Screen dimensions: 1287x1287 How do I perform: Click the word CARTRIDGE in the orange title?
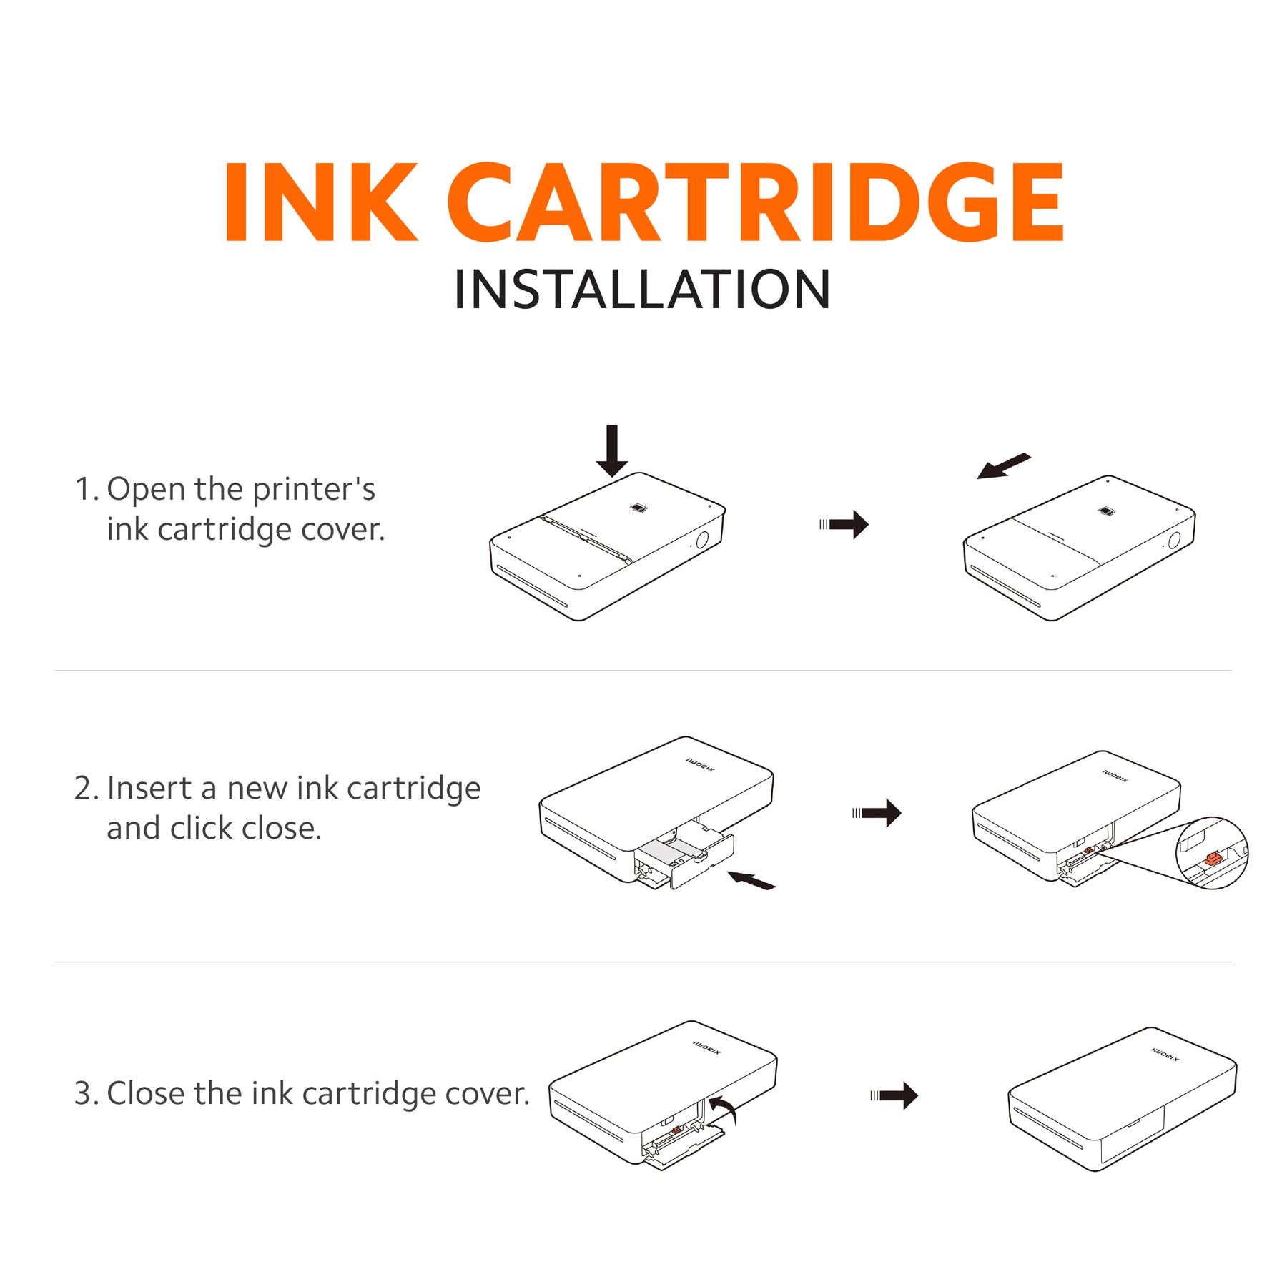point(755,203)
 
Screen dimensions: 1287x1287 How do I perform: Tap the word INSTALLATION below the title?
point(642,290)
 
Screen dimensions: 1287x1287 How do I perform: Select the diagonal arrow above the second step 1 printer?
point(1003,466)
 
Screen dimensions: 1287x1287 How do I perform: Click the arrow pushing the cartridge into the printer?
point(751,880)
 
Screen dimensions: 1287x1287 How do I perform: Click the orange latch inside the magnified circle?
point(1213,858)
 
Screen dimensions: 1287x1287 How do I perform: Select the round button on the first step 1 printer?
point(702,539)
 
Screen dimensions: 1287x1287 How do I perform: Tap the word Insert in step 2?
point(149,788)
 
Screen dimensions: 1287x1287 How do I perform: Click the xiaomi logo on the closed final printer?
point(1165,1055)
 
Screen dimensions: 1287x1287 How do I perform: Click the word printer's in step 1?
point(313,490)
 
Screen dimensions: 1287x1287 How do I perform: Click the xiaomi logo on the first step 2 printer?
point(700,765)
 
